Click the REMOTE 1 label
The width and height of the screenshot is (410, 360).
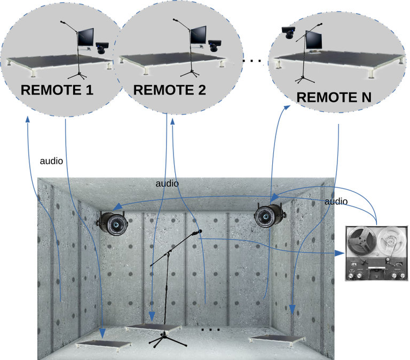[x=57, y=90]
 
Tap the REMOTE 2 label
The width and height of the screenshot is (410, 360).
[x=169, y=90]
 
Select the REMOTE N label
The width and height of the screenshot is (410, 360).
[x=334, y=97]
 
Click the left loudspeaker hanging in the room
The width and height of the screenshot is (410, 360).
[x=115, y=223]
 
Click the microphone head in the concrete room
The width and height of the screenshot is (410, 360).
[x=199, y=232]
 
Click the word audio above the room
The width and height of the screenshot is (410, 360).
[x=167, y=183]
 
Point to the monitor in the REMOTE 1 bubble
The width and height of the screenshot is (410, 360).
[x=86, y=38]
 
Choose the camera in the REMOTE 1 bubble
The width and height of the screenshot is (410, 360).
[x=102, y=49]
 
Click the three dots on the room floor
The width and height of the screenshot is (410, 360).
[x=211, y=330]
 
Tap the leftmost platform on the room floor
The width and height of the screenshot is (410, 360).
[x=105, y=345]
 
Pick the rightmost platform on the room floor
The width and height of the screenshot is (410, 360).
[x=277, y=338]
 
